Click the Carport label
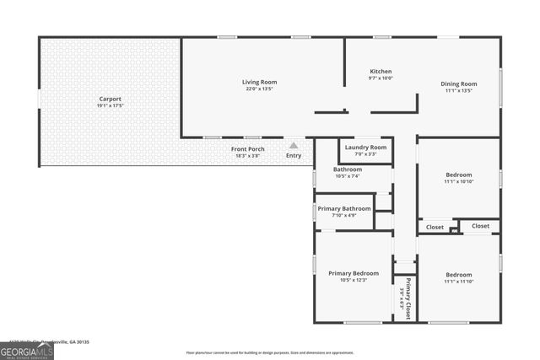[110, 99]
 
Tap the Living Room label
[259, 82]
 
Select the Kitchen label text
[381, 71]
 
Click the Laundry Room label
[365, 148]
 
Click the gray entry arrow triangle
[294, 145]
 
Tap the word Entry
[294, 155]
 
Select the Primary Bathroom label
[344, 208]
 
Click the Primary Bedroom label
[354, 273]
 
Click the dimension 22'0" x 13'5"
[259, 88]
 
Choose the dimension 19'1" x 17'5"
[110, 105]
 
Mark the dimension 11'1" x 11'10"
[458, 281]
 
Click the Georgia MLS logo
[27, 350]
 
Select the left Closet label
[435, 227]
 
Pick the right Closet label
[480, 226]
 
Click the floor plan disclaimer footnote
[270, 352]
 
